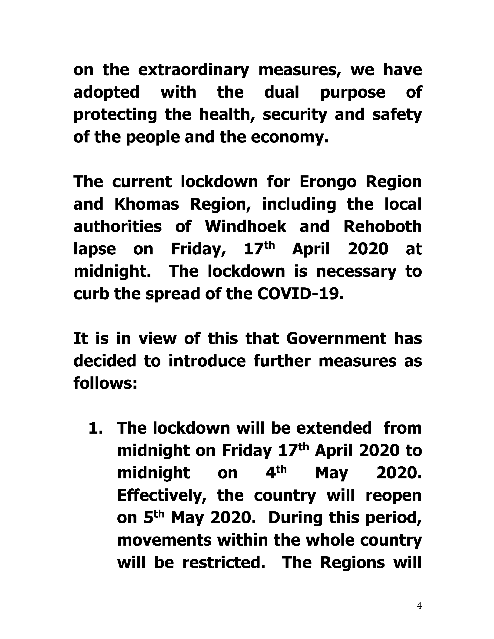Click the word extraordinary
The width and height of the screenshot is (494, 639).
[x=193, y=70]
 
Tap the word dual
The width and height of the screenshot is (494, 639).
[x=282, y=92]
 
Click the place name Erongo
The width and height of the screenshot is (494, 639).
[x=328, y=182]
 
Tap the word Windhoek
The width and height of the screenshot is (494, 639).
[x=245, y=227]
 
